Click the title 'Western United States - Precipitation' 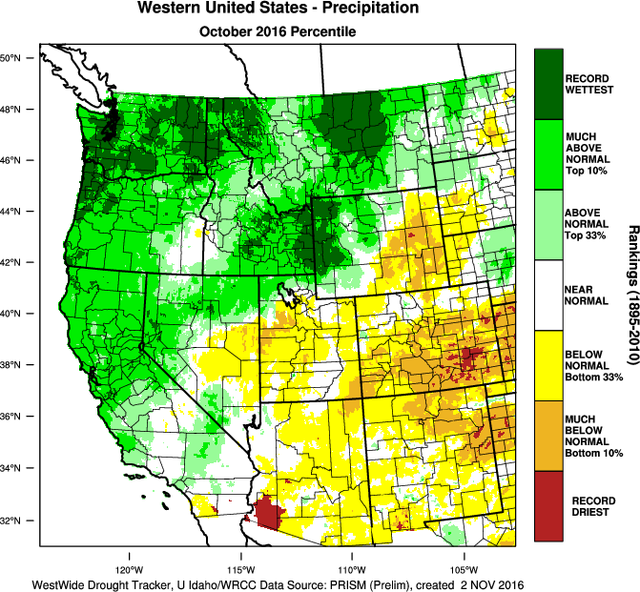pos(278,9)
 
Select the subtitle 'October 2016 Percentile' pos(278,31)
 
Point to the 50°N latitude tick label pos(18,58)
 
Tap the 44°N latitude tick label pos(18,212)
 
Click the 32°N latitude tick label pos(18,521)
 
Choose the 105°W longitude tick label pos(465,558)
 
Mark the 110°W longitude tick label pos(352,558)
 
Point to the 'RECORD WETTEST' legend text pos(588,83)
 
